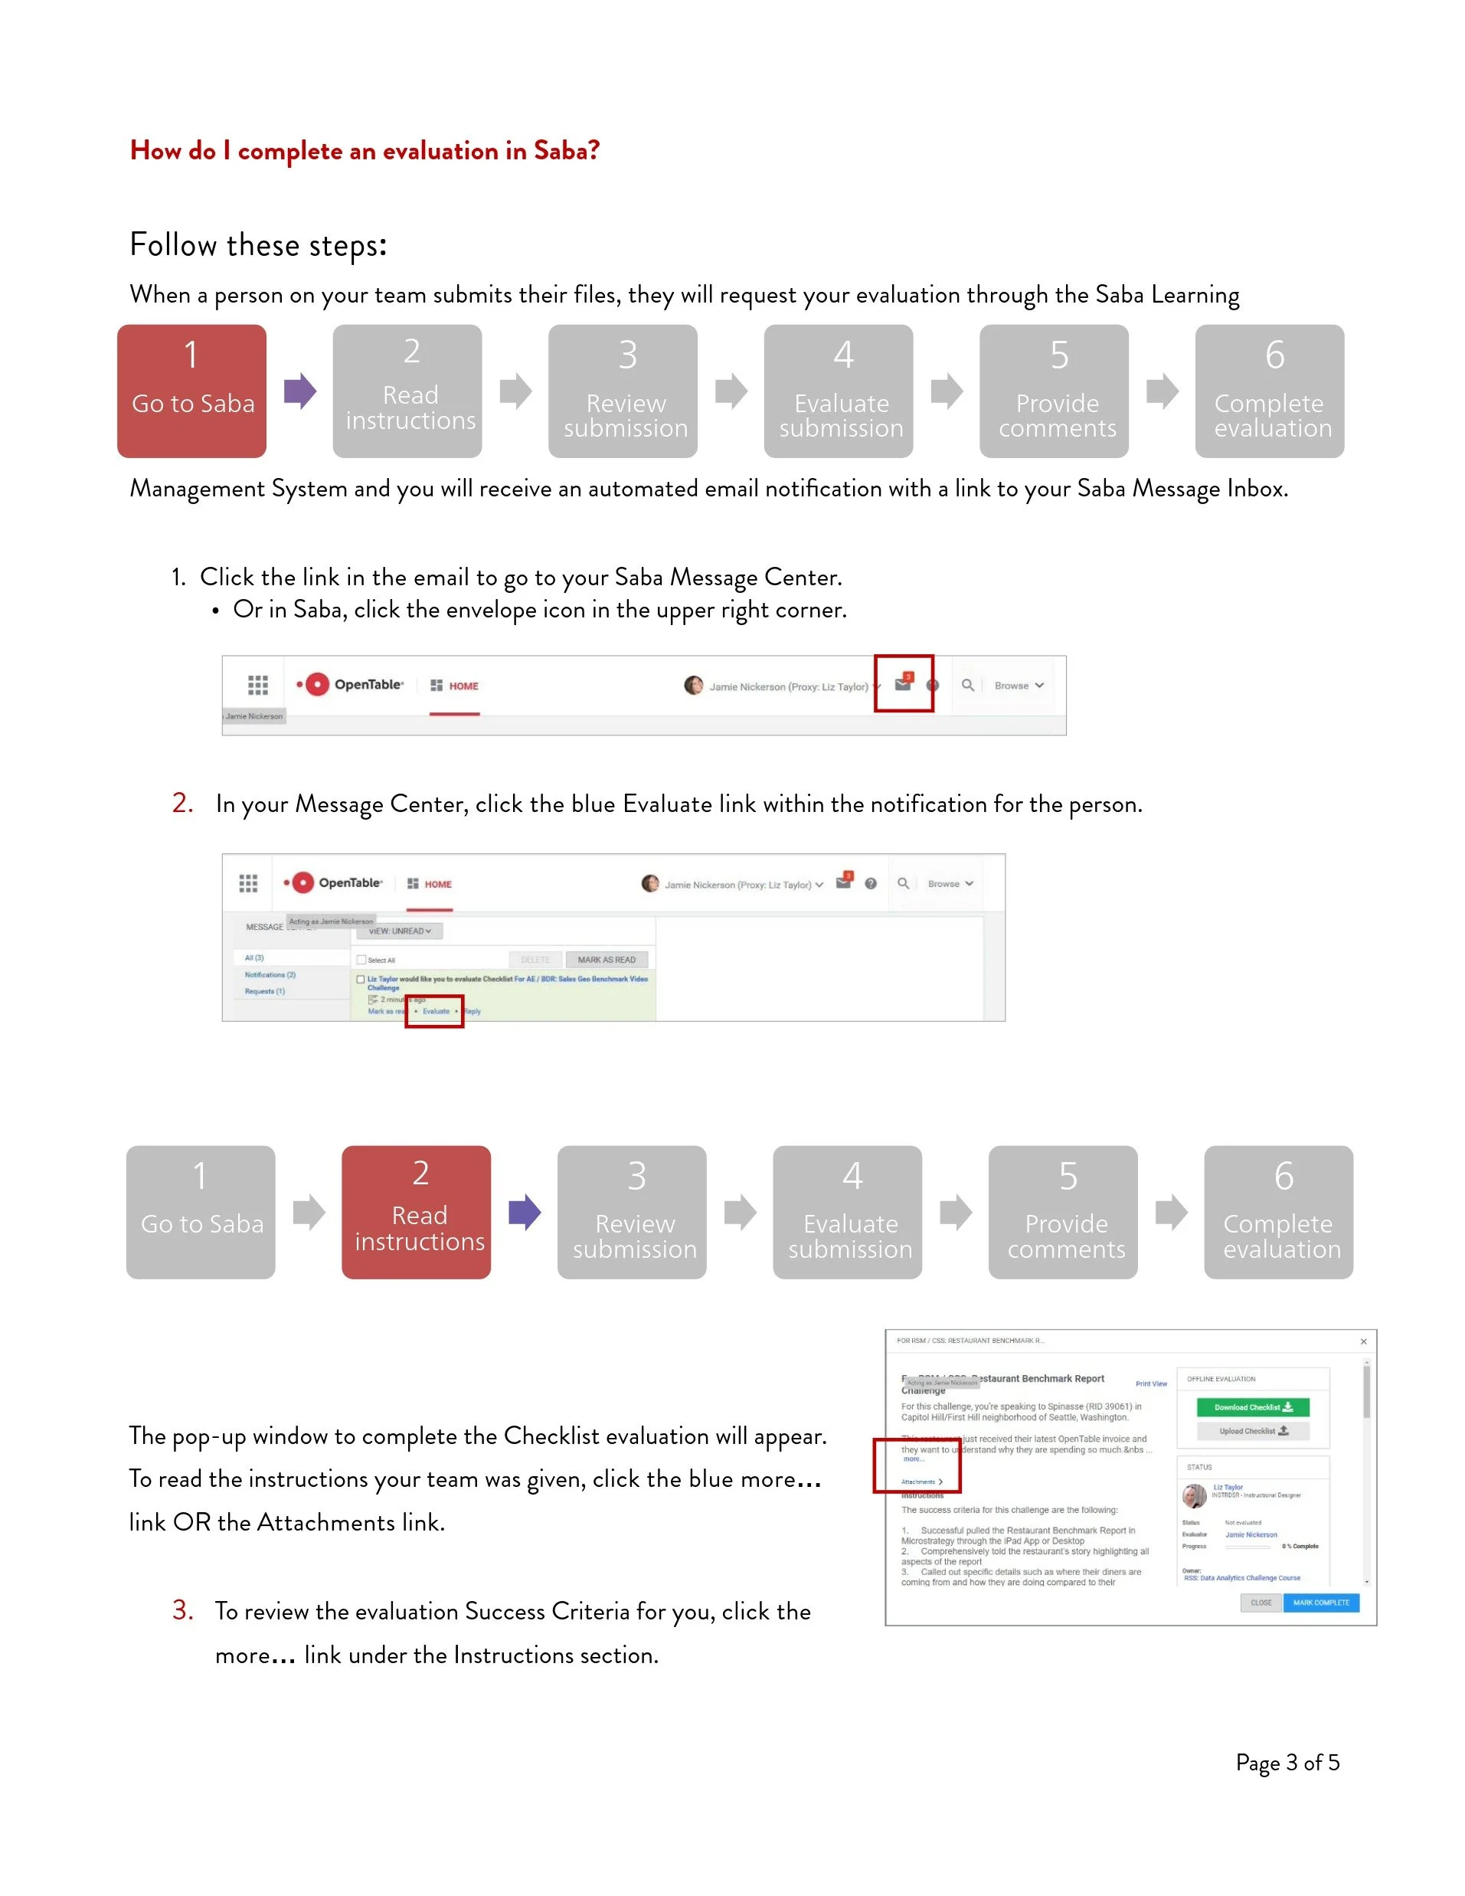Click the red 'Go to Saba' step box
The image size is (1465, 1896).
pos(191,391)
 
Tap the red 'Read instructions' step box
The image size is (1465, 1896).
pos(416,1212)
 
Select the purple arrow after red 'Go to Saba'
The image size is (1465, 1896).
pos(300,391)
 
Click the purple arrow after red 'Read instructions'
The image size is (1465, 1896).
pos(525,1212)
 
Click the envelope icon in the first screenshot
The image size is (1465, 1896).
pos(903,684)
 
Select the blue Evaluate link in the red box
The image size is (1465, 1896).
pos(436,1011)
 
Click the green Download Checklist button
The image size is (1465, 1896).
pos(1252,1407)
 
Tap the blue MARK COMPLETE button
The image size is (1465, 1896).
pos(1320,1603)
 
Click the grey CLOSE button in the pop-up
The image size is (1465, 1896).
pos(1261,1603)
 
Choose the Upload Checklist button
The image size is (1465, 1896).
pos(1252,1431)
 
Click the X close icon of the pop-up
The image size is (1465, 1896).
pos(1363,1341)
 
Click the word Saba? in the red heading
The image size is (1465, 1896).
pos(567,151)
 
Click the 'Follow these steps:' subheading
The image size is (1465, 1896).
pos(258,246)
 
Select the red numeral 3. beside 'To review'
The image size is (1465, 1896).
pos(182,1610)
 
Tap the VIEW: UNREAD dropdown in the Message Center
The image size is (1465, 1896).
pos(399,931)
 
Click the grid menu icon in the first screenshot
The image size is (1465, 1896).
pos(258,685)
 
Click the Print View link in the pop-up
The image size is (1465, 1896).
pos(1151,1384)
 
